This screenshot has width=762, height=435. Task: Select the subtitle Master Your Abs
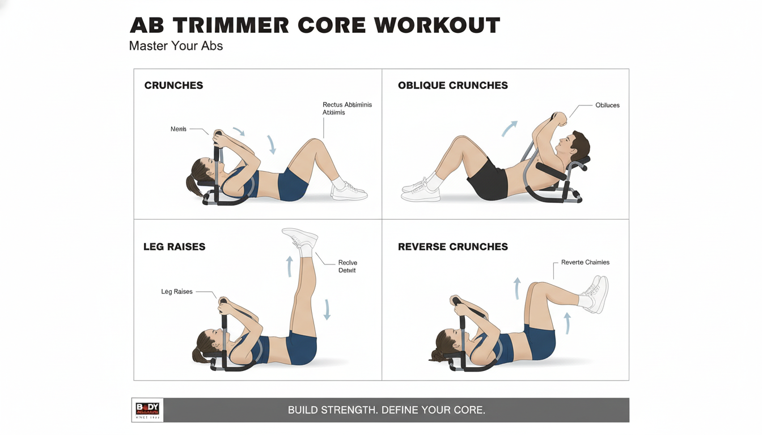[x=176, y=46]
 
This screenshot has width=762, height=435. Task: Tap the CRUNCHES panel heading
[x=173, y=86]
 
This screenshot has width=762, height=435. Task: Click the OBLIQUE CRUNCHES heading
[x=452, y=86]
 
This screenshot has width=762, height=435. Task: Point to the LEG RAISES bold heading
[x=174, y=247]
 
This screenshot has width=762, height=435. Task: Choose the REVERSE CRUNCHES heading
[x=452, y=247]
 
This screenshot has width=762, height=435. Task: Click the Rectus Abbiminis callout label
[x=346, y=108]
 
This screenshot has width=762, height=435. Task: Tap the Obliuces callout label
[x=607, y=105]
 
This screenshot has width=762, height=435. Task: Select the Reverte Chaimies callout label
[x=585, y=262]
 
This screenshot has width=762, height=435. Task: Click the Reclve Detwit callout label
[x=347, y=266]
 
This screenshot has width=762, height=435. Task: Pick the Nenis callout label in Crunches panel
[x=178, y=129]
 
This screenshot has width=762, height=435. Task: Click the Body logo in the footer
[x=147, y=410]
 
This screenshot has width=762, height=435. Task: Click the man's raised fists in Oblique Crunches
[x=557, y=118]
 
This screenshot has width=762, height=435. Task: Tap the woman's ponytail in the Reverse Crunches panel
[x=437, y=355]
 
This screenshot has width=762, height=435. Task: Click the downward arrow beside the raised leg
[x=327, y=309]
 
